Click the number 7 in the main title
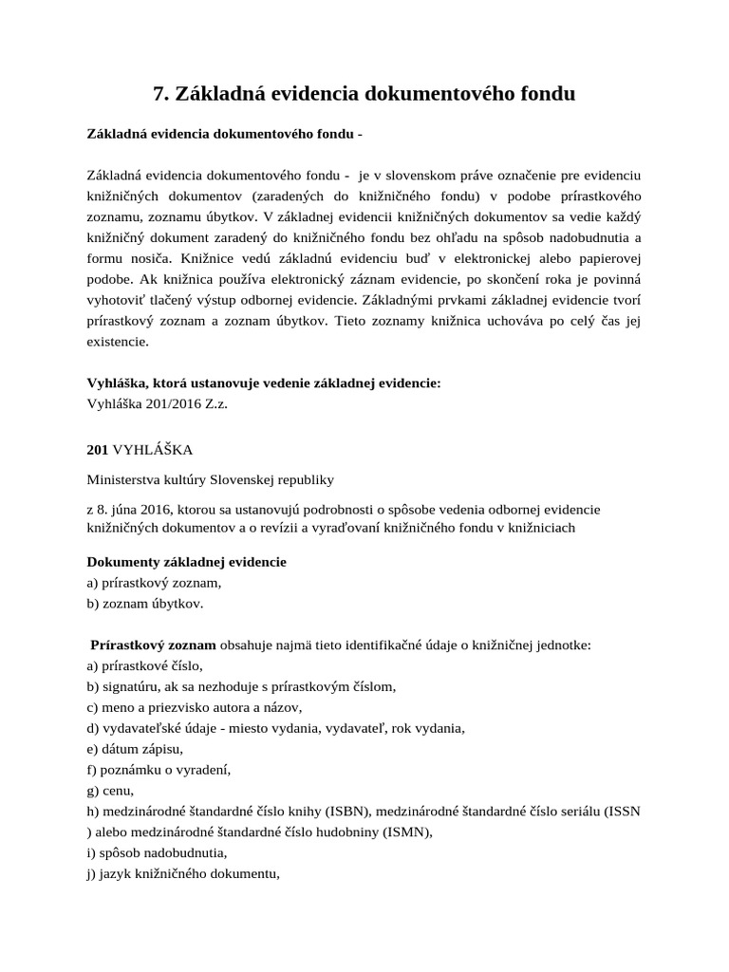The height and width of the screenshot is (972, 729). [159, 93]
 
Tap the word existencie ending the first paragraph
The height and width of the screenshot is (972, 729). [118, 342]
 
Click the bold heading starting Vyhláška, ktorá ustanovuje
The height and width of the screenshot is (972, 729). [264, 383]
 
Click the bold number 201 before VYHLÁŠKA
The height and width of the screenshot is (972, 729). [98, 448]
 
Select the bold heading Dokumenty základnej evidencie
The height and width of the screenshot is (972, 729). [186, 562]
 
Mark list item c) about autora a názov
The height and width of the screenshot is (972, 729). [194, 707]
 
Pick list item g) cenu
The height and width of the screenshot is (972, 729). [110, 791]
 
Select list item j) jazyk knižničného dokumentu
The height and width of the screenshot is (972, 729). [182, 874]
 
